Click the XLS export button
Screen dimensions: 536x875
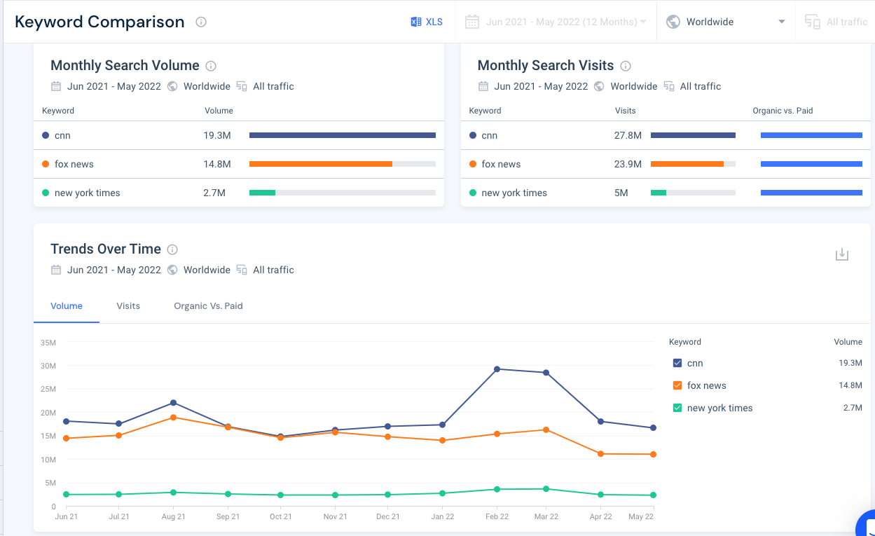pos(427,22)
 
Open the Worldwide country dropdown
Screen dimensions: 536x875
pos(726,22)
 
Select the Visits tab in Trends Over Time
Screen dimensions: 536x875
pos(128,306)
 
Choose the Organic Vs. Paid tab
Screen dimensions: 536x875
pos(208,306)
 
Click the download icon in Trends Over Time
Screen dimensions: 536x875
pos(842,254)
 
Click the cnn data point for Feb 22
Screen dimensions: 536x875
pos(497,369)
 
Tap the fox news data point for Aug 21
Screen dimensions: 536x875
pos(173,418)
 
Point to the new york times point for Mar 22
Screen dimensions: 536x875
pos(546,489)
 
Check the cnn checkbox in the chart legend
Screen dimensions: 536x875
pos(677,363)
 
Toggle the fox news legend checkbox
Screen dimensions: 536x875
pos(677,385)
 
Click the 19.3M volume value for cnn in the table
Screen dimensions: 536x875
pos(217,135)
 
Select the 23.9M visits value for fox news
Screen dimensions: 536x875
pos(628,164)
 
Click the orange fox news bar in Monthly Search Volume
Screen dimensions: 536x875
pos(320,164)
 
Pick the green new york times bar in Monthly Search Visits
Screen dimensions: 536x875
pos(659,193)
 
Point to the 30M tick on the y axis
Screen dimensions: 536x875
pos(48,366)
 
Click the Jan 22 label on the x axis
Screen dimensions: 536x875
pos(442,516)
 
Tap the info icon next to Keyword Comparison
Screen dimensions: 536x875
pos(201,22)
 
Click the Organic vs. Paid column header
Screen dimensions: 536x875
pos(783,111)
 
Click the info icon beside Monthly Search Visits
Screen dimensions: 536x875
pos(626,66)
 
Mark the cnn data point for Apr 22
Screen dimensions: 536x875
pos(601,422)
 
